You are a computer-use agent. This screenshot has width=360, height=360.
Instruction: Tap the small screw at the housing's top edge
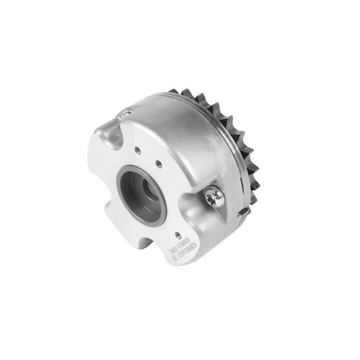pyautogui.click(x=127, y=112)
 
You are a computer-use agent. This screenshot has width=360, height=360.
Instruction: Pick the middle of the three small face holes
pyautogui.click(x=157, y=163)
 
